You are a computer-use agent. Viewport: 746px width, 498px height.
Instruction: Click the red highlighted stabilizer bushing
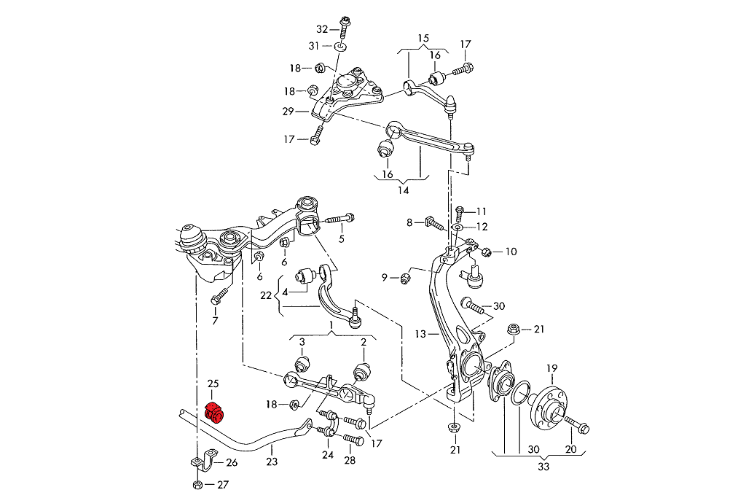click(x=216, y=413)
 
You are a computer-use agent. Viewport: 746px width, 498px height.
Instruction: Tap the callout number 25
click(x=213, y=384)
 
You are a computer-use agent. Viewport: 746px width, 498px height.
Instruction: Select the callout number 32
click(x=323, y=29)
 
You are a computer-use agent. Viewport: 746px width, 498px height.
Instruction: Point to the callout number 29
click(x=288, y=112)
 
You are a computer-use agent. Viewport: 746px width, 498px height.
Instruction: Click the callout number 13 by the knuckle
click(x=420, y=335)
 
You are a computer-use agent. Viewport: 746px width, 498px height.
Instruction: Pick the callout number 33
click(x=543, y=467)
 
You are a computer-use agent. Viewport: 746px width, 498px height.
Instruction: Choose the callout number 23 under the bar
click(x=272, y=461)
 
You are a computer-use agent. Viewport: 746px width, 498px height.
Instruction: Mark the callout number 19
click(x=552, y=368)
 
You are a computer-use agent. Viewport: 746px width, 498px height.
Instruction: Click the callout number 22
click(x=265, y=296)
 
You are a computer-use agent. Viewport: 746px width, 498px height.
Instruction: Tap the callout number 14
click(x=403, y=191)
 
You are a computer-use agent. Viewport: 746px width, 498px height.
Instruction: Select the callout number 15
click(x=423, y=38)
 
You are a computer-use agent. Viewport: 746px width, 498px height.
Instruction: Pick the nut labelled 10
click(x=487, y=252)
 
